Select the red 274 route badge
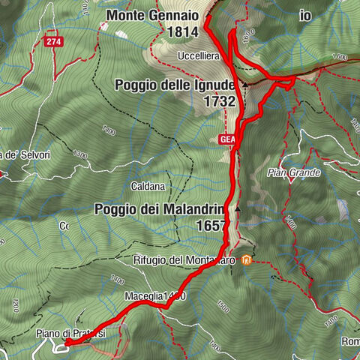(52, 43)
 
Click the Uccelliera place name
(199, 57)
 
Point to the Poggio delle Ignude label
(175, 85)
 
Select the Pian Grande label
(293, 172)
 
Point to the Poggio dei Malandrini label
(160, 209)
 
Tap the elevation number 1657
(209, 225)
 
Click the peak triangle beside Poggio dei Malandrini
(238, 209)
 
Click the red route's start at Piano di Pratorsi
(66, 343)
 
